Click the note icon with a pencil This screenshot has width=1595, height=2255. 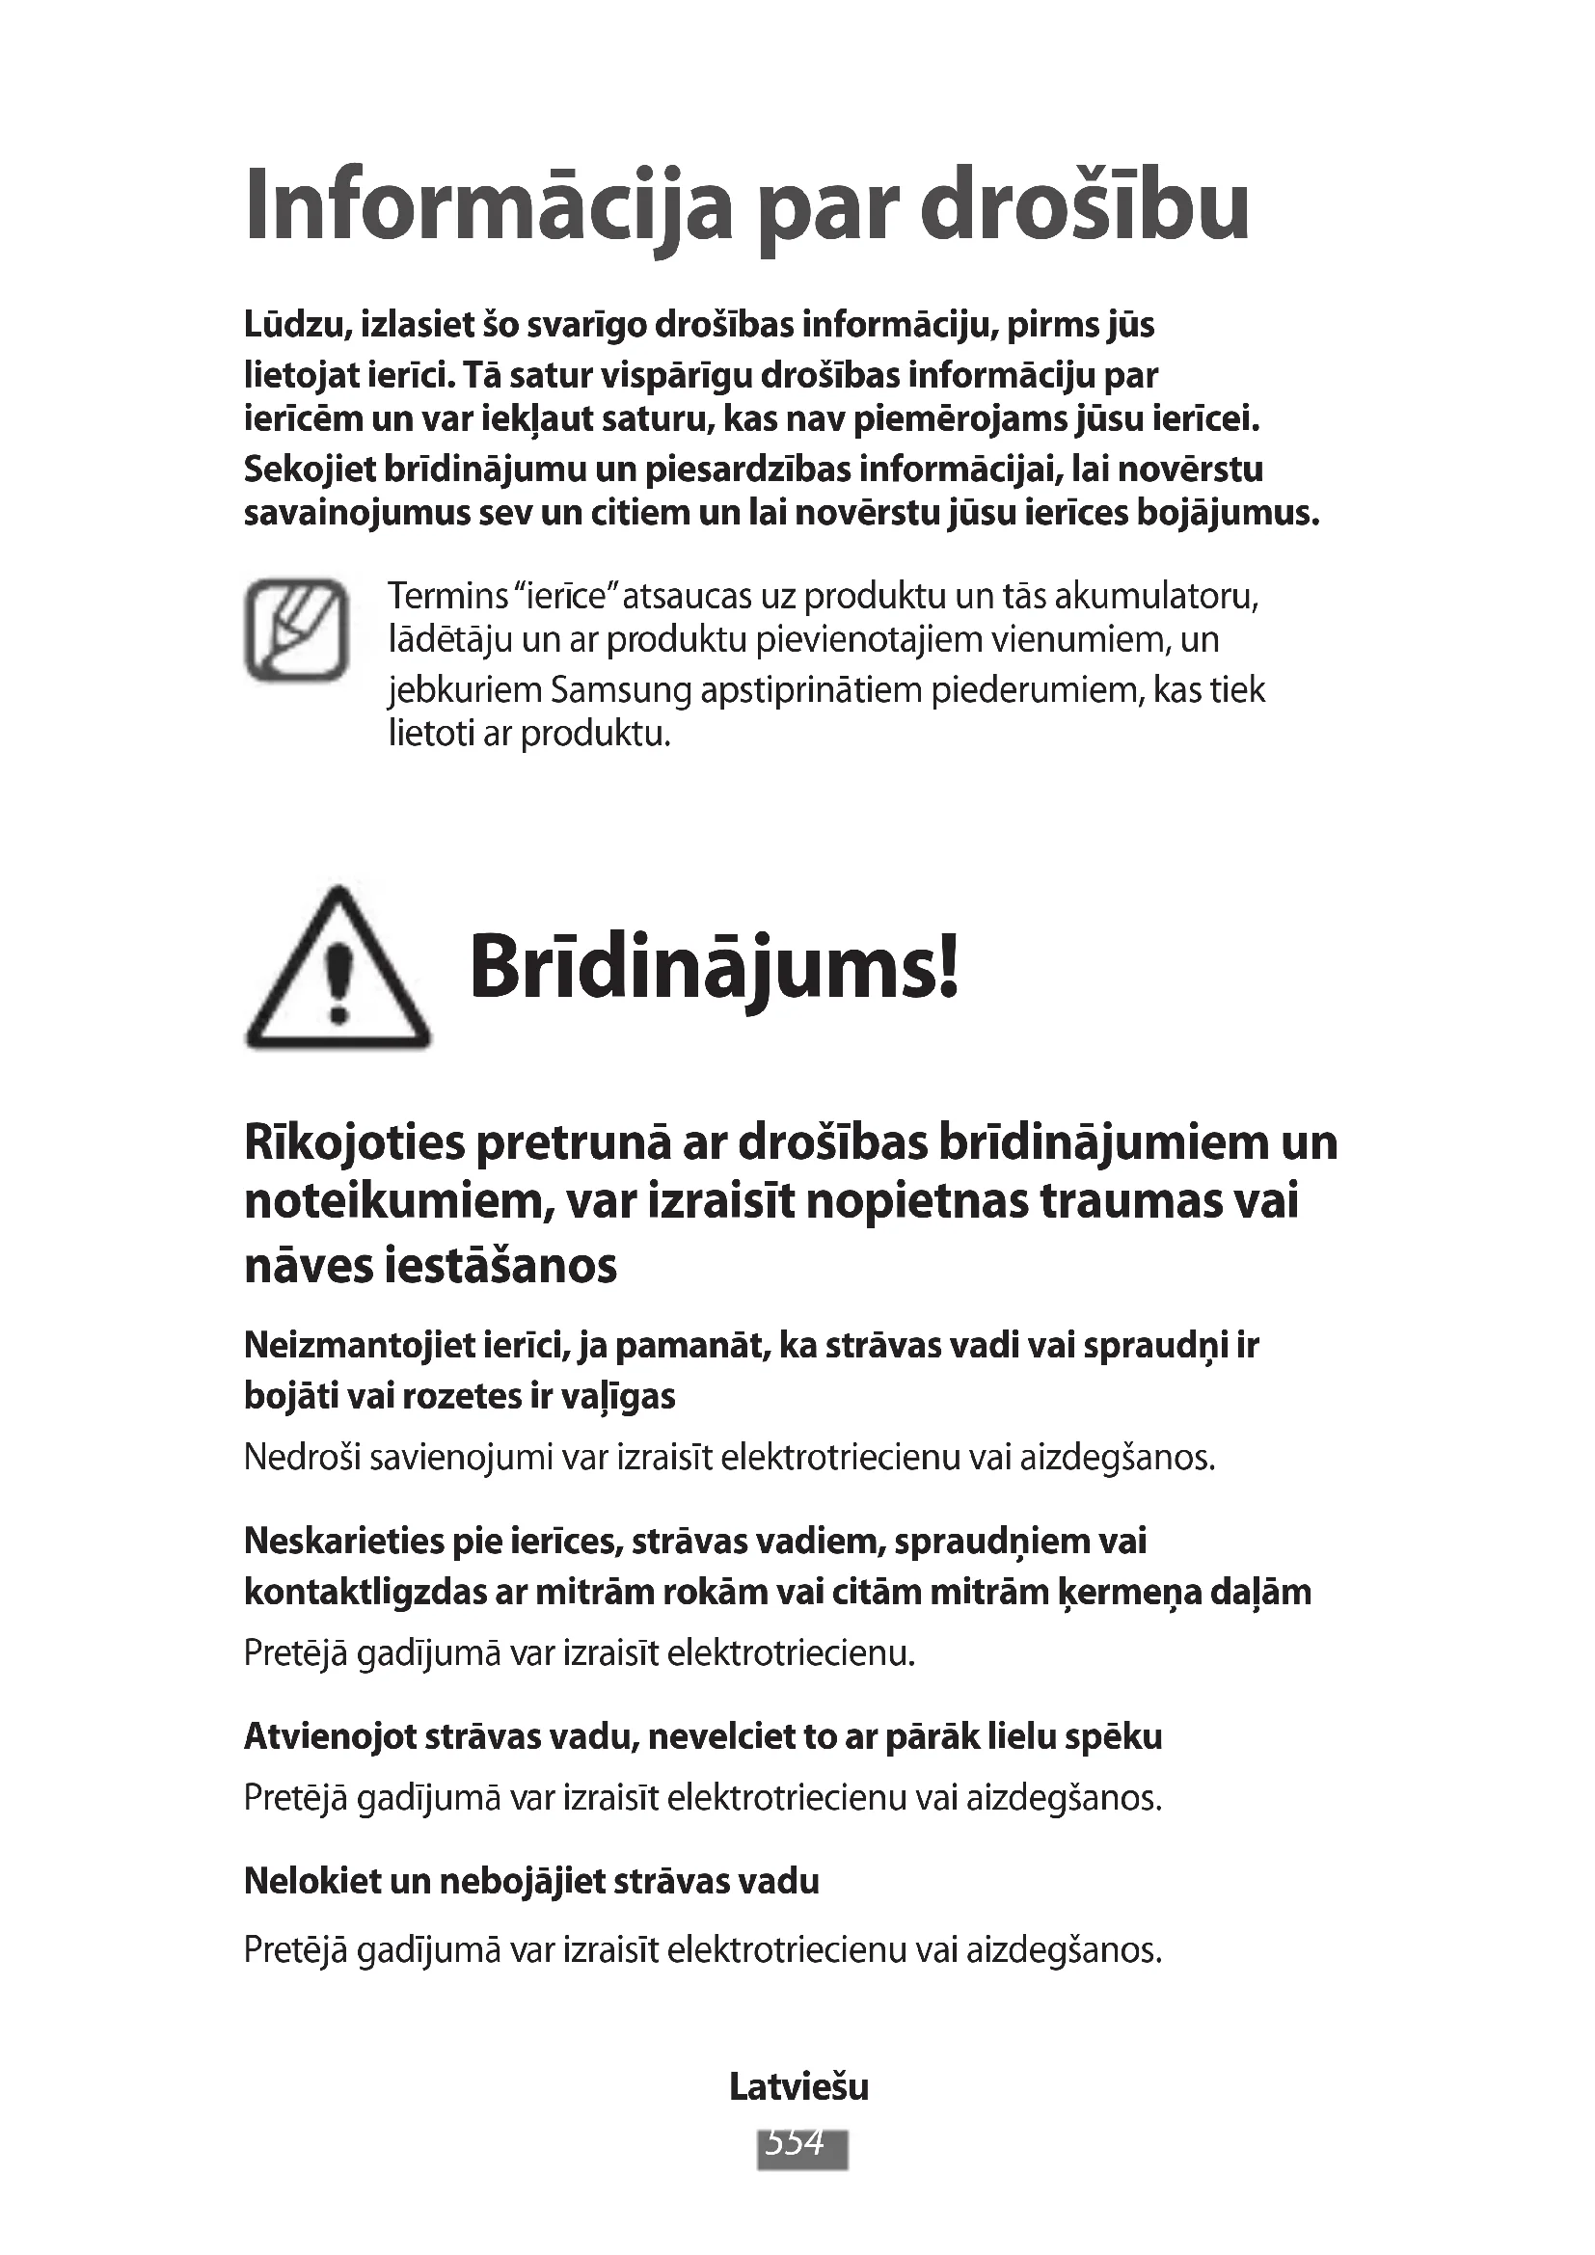(296, 630)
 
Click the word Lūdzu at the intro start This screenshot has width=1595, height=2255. (297, 325)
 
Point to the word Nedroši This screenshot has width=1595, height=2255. (302, 1458)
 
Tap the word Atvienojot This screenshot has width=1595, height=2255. (330, 1736)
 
